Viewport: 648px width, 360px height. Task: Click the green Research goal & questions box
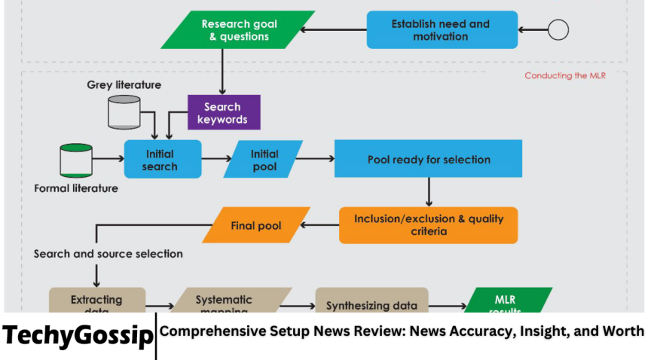coord(236,30)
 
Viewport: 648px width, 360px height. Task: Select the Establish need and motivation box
coord(440,30)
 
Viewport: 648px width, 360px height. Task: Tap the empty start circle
coord(558,30)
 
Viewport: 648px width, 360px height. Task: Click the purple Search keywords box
coord(223,112)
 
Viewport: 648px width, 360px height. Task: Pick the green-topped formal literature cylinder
coord(76,160)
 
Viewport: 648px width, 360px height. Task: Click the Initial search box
coord(163,159)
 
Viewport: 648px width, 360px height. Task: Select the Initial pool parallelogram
coord(264,159)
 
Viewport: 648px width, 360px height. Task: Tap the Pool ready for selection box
coord(429,159)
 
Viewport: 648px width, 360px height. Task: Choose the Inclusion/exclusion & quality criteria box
coord(428,224)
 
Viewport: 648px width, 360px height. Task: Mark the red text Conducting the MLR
coord(565,76)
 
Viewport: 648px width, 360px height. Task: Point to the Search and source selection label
coord(109,254)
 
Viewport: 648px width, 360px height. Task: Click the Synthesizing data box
coord(371,303)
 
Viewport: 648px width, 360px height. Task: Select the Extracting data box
coord(96,301)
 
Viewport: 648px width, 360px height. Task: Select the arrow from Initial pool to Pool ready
coord(316,159)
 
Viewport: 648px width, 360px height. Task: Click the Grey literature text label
coord(124,84)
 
